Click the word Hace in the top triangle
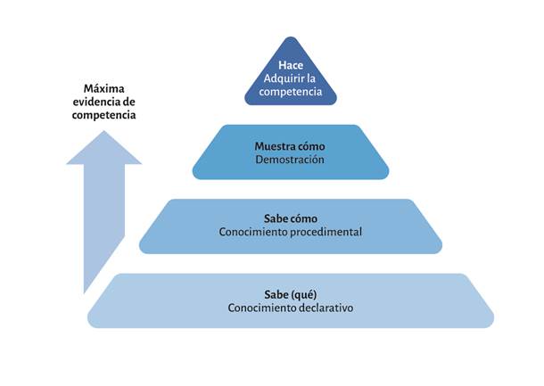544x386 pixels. coord(291,66)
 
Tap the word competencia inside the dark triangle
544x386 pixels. coord(291,92)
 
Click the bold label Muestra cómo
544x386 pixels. coord(291,146)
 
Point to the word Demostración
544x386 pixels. coord(291,160)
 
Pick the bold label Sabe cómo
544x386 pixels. coord(291,218)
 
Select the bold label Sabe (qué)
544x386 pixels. coord(291,294)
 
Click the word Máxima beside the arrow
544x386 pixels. coord(103,89)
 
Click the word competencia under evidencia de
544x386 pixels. coord(103,115)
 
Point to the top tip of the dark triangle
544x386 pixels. coord(291,38)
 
